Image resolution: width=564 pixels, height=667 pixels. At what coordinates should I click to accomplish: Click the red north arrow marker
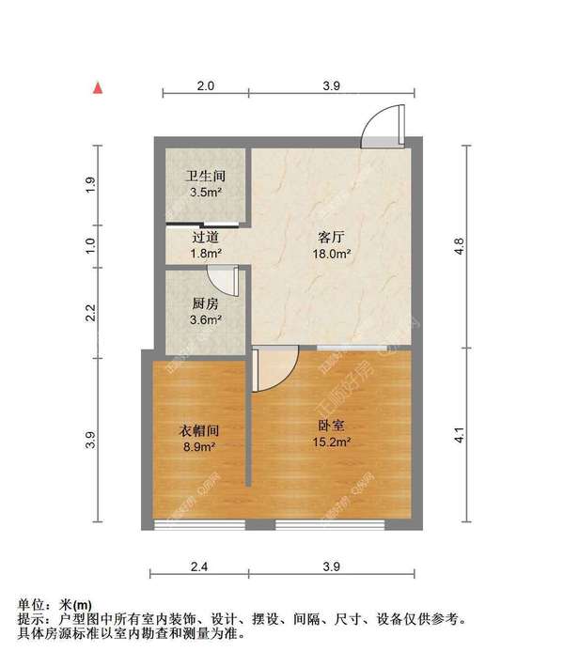click(x=97, y=89)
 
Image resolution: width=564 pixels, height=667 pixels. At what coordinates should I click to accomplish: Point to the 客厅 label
click(x=332, y=238)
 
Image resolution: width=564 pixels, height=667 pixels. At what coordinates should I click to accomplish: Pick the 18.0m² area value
click(x=332, y=254)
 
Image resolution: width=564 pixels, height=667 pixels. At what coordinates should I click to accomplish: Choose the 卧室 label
click(x=332, y=425)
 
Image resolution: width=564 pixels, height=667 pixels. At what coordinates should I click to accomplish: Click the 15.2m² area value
click(x=332, y=441)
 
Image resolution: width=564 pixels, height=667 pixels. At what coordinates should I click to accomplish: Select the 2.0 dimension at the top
click(x=206, y=85)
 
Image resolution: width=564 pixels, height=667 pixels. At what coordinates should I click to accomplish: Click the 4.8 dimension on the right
click(x=459, y=247)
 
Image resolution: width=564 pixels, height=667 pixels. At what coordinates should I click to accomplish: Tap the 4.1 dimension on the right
click(x=459, y=435)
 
